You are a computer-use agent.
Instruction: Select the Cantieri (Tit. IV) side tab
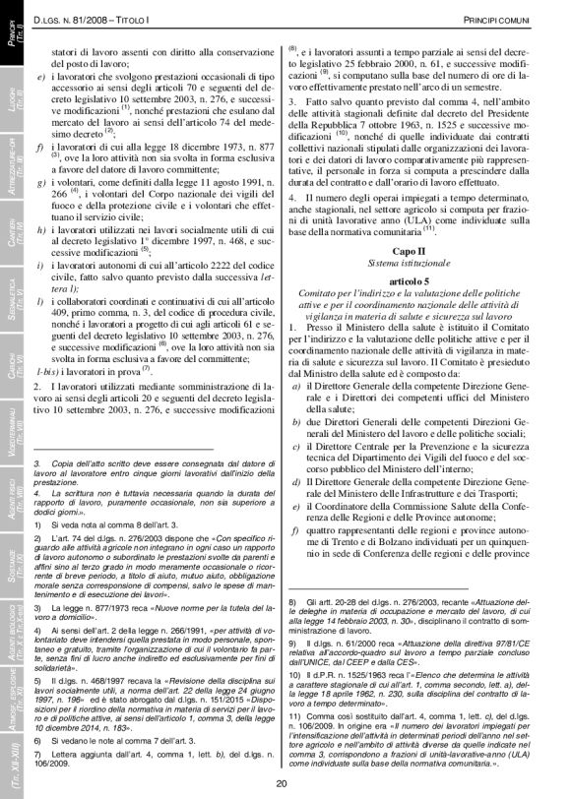[14, 233]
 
